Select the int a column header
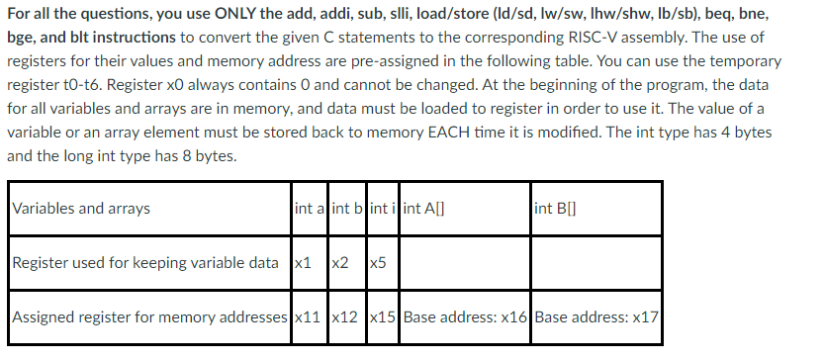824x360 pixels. pos(311,209)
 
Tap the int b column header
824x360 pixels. pos(347,209)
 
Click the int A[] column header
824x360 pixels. pos(426,209)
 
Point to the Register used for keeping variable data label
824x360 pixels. pos(145,264)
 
